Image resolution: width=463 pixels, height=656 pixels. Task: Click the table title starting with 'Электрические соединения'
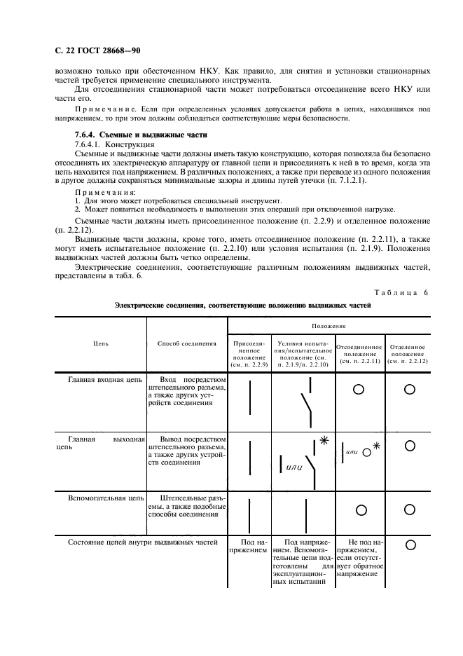[242, 306]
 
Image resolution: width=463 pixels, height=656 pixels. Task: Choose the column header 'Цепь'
[101, 343]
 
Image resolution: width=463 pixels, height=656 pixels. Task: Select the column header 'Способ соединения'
[187, 343]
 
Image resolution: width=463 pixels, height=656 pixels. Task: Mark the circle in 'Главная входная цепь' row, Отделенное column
[410, 389]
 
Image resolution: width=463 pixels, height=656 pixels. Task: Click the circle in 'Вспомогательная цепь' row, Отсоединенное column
[359, 509]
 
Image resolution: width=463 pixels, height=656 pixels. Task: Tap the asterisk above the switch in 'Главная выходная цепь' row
[324, 440]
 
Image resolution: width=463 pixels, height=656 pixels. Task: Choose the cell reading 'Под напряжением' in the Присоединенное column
[249, 546]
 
